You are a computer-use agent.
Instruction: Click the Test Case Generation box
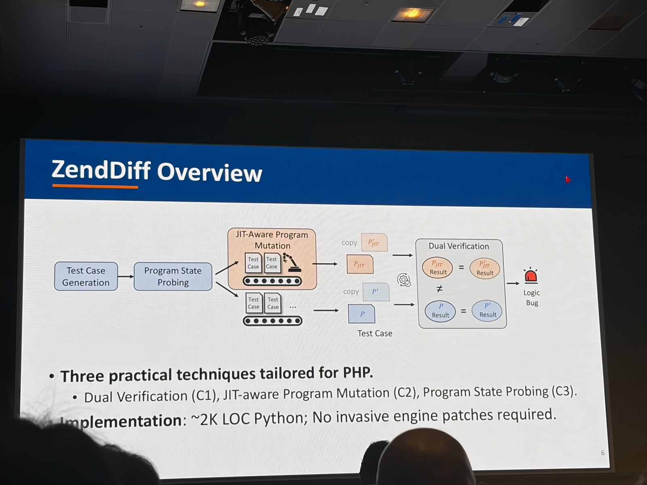pos(86,276)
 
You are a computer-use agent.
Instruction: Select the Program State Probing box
pos(173,276)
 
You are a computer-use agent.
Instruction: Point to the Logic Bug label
pos(532,298)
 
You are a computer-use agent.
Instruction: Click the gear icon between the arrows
pos(404,280)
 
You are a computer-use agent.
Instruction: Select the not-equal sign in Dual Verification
pos(440,289)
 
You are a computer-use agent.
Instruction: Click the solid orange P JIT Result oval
pos(438,268)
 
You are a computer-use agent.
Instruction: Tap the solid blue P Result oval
pos(440,311)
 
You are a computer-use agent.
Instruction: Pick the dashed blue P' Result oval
pos(487,310)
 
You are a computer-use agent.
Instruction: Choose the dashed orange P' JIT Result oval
pos(484,268)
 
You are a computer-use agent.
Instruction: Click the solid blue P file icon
pos(362,314)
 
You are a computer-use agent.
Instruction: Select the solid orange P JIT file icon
pos(359,264)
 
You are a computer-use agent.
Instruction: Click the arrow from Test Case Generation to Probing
pos(126,276)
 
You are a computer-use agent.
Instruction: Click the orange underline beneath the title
pos(95,187)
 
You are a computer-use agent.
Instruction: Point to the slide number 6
pos(603,453)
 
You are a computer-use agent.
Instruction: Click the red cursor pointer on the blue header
pos(568,179)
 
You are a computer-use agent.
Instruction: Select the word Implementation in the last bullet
pos(121,421)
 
